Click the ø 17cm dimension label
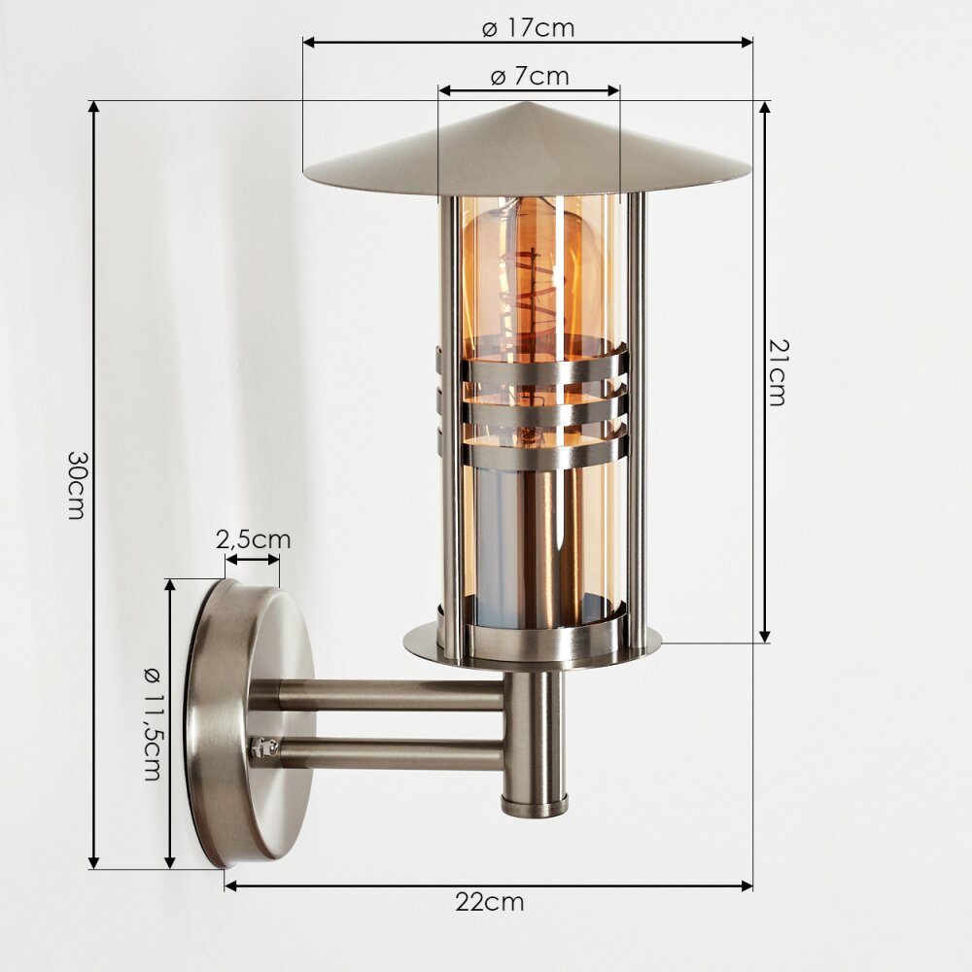(x=528, y=28)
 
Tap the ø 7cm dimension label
(x=530, y=76)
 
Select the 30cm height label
(x=76, y=484)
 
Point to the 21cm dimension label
(x=776, y=372)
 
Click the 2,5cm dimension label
(x=253, y=539)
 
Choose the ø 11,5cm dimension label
(x=152, y=724)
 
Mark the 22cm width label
(x=489, y=902)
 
